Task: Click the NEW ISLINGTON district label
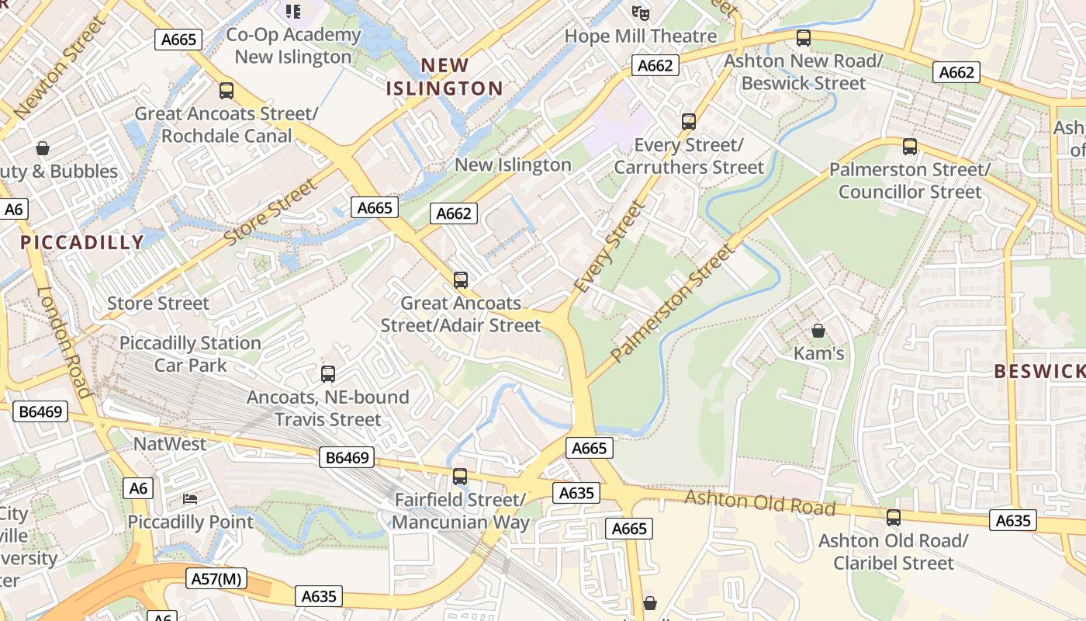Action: (x=445, y=76)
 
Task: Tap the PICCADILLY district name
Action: (x=82, y=242)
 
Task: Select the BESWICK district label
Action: (x=1039, y=371)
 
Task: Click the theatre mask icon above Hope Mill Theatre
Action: (x=640, y=13)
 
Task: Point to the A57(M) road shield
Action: (x=216, y=578)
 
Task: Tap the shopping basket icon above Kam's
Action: (x=818, y=331)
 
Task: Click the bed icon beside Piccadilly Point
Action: (x=190, y=498)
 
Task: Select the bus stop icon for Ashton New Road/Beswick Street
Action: (x=804, y=37)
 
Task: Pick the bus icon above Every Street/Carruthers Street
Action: (x=688, y=122)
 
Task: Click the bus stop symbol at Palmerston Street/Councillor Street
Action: (x=909, y=146)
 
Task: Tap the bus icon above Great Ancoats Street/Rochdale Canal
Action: (x=226, y=91)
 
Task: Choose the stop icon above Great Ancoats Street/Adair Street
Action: (x=461, y=280)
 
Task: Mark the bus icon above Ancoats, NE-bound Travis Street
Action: (x=327, y=374)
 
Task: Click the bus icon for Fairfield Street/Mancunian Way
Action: (x=460, y=477)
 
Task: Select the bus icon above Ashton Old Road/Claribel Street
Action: (x=893, y=518)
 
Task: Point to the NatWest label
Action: (x=170, y=444)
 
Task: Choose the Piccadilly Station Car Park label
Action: (x=190, y=354)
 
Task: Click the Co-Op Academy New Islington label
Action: (x=293, y=46)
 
